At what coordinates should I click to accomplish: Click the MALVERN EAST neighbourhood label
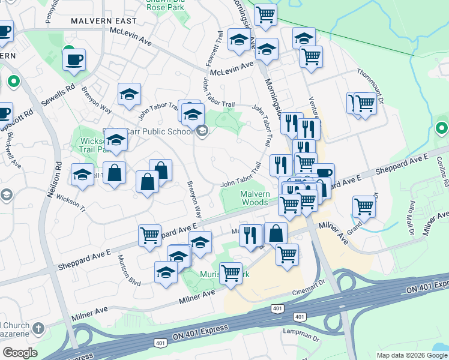pyautogui.click(x=100, y=20)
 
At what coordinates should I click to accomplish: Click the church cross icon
pyautogui.click(x=38, y=328)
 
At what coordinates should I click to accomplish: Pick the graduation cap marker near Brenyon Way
pyautogui.click(x=129, y=94)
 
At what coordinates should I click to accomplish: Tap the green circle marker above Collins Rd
pyautogui.click(x=442, y=128)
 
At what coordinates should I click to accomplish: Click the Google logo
pyautogui.click(x=20, y=353)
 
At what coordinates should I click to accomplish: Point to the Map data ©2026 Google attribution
pyautogui.click(x=412, y=355)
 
